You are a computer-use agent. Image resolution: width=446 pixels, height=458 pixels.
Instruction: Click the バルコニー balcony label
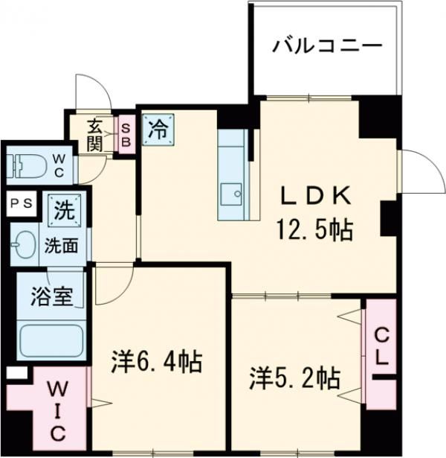coord(327,47)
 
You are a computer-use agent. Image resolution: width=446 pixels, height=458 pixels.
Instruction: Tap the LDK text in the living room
coord(314,196)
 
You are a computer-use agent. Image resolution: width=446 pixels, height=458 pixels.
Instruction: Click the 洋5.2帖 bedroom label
coord(294,378)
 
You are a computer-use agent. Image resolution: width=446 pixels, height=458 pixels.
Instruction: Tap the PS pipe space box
coord(19,203)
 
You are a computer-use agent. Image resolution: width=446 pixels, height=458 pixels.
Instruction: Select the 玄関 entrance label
coord(94,135)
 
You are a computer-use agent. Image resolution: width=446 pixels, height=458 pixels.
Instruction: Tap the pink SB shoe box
coord(126,136)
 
